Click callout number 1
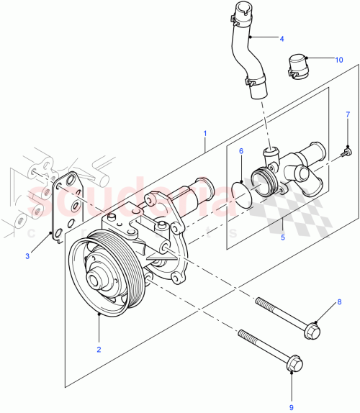pos(205,134)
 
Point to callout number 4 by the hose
pos(282,38)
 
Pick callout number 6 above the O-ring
pos(241,151)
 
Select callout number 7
pos(346,114)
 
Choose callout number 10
pos(339,60)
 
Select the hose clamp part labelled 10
pos(299,65)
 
